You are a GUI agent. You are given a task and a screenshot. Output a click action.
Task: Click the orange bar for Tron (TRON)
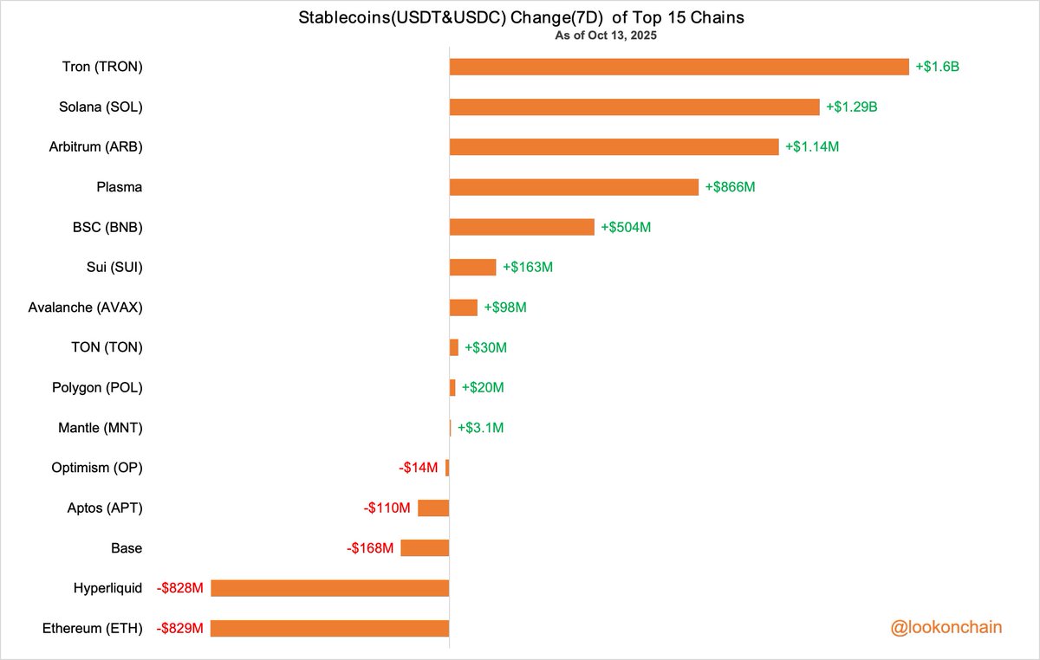(x=679, y=67)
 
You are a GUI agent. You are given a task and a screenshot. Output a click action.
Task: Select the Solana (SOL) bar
(x=634, y=107)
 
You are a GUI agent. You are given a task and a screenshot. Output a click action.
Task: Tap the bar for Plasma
(x=573, y=187)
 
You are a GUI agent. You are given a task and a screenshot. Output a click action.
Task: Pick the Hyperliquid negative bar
(x=329, y=588)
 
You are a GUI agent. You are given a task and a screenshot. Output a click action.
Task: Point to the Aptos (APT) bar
(x=433, y=508)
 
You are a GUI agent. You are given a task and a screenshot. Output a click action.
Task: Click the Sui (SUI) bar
(x=472, y=267)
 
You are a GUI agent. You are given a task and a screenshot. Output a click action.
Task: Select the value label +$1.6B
(x=937, y=67)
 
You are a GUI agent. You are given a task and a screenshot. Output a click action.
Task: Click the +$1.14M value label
(x=811, y=147)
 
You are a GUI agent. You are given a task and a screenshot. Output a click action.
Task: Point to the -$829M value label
(x=180, y=628)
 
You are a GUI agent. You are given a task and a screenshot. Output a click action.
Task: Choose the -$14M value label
(x=419, y=468)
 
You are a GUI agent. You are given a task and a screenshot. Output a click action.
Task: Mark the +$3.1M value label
(x=480, y=428)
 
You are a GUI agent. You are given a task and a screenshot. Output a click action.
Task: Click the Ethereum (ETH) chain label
(x=93, y=628)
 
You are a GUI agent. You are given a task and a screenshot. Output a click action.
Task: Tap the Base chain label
(x=127, y=548)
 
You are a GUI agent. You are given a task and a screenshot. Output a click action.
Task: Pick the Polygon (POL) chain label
(x=97, y=387)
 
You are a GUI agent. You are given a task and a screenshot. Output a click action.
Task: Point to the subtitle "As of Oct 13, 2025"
(x=607, y=36)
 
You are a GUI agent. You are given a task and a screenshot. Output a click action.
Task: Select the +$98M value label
(x=505, y=307)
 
